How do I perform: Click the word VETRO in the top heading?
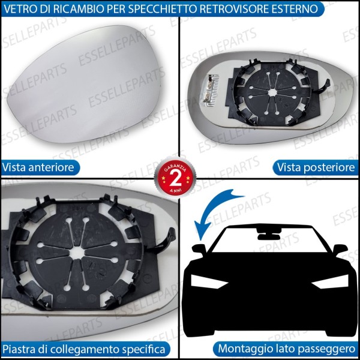(19, 9)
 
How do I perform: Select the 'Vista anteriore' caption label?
(38, 167)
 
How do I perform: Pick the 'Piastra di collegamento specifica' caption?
(85, 348)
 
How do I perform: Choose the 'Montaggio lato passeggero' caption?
(287, 348)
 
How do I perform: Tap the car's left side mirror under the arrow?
(198, 248)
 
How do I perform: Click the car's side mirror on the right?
(340, 248)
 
